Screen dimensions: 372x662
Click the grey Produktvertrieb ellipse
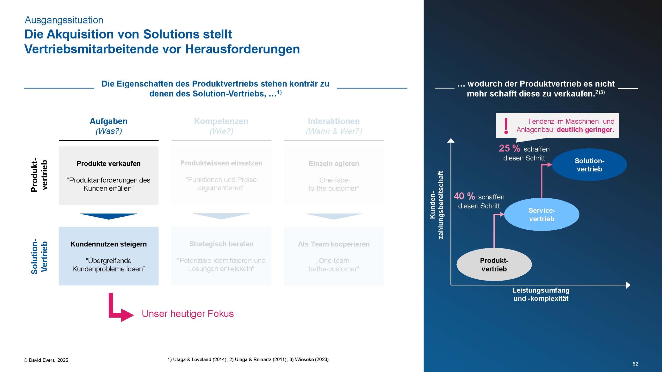(494, 265)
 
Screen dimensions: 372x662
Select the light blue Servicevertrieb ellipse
(541, 214)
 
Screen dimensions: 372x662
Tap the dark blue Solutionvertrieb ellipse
(589, 165)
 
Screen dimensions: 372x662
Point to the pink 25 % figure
(509, 148)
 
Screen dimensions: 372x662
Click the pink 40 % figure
(464, 196)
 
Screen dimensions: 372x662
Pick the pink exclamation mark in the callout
(506, 126)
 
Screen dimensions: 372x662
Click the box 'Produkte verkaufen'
(109, 176)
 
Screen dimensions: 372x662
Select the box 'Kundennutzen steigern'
(109, 256)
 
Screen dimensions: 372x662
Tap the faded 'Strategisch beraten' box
(221, 256)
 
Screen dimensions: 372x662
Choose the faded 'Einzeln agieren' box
(334, 176)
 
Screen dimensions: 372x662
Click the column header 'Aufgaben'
(109, 121)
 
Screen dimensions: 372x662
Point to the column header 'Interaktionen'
(334, 121)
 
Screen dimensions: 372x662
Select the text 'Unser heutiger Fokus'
(187, 314)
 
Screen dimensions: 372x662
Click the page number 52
(635, 364)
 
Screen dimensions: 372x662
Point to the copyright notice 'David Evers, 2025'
(48, 360)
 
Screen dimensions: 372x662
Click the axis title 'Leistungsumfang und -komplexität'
(541, 294)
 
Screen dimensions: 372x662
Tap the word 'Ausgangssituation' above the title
(64, 20)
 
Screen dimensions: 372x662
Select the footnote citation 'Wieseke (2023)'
(312, 359)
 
